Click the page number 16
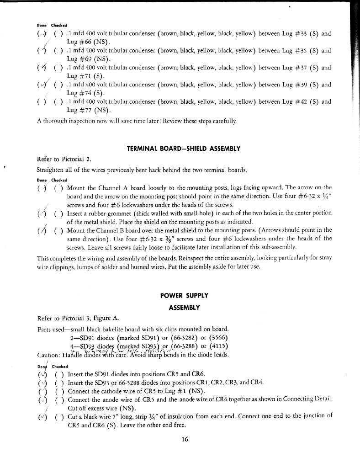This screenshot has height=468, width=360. point(185,440)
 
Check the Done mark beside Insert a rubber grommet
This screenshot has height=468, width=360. point(41,213)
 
